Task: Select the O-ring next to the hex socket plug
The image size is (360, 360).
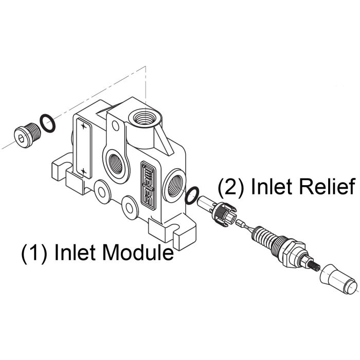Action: pyautogui.click(x=47, y=124)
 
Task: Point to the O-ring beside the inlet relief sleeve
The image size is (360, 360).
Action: pyautogui.click(x=192, y=194)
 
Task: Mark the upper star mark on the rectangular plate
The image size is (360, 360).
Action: pyautogui.click(x=84, y=127)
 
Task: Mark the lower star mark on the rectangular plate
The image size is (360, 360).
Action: pyautogui.click(x=83, y=170)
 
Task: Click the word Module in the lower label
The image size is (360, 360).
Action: pyautogui.click(x=138, y=253)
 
